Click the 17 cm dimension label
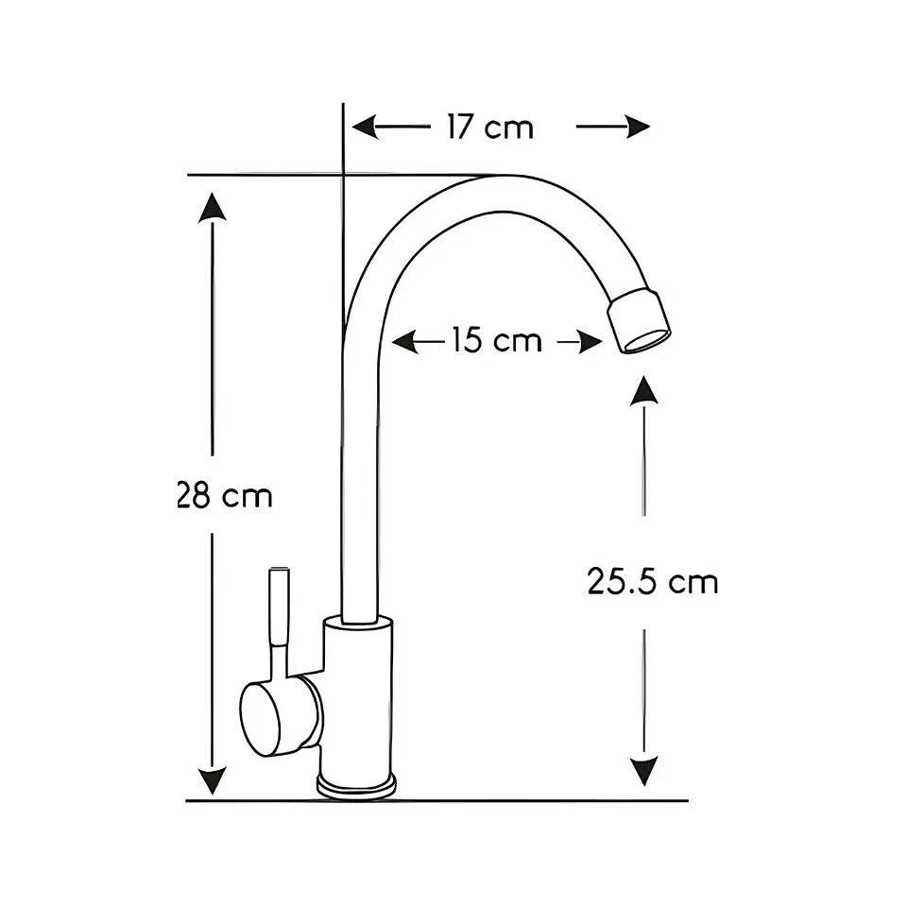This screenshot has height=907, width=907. point(490,128)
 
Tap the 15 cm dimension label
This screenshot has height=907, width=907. point(496,340)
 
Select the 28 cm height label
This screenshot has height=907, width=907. point(225,496)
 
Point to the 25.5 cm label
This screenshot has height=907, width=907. point(653,581)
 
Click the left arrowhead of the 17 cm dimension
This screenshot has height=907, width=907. point(365,128)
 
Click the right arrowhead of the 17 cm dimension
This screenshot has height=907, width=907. point(638,128)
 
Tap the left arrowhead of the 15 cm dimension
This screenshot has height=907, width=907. point(405,342)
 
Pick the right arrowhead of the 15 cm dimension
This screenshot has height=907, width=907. point(590,342)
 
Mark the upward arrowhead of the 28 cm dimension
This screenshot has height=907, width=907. point(213,207)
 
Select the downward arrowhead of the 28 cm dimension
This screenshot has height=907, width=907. point(213,781)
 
